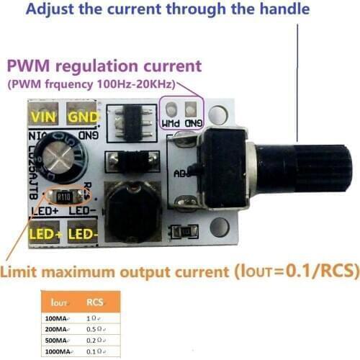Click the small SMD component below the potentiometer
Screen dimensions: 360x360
pyautogui.click(x=183, y=231)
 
